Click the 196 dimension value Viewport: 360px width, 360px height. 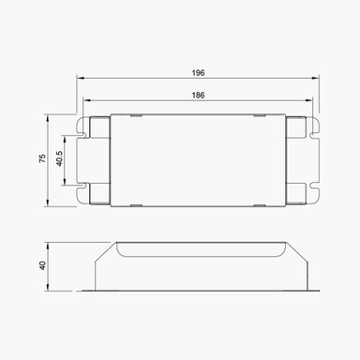(198, 72)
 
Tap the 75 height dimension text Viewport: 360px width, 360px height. (41, 159)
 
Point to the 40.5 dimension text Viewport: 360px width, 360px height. (59, 159)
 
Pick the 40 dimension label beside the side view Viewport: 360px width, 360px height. (42, 265)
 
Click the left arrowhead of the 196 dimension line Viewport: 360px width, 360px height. (79, 79)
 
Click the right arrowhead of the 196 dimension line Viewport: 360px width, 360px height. (318, 79)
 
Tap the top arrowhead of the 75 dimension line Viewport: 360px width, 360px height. (49, 118)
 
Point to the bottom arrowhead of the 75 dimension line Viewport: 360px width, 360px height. (49, 202)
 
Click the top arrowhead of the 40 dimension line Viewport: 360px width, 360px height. (49, 243)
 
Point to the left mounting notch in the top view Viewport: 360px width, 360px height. (82, 159)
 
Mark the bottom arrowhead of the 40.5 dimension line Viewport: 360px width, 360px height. (67, 181)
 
